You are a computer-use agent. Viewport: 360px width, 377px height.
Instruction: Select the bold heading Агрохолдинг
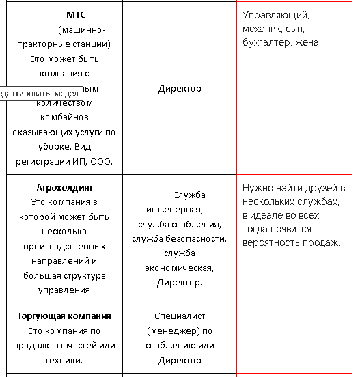point(64,187)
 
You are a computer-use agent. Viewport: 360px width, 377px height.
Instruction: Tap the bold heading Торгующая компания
point(64,316)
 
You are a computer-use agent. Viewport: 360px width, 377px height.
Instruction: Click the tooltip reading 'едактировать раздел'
point(39,93)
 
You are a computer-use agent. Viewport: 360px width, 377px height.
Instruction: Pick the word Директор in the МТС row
point(180,89)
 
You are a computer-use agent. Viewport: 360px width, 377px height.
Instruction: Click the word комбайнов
point(64,117)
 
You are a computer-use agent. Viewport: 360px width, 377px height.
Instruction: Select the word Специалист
point(180,316)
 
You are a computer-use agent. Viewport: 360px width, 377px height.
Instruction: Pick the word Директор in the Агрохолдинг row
point(180,283)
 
